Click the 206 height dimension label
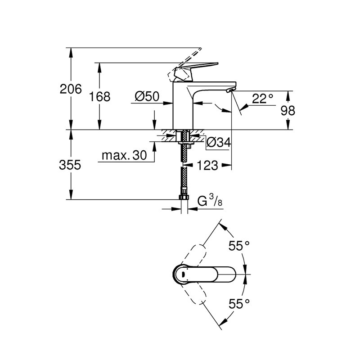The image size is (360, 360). point(71,89)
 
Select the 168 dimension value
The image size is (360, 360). point(99,96)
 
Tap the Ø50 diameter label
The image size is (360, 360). point(147,96)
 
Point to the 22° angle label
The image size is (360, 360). point(263,99)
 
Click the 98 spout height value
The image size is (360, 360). point(288,111)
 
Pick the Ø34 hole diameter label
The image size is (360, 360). point(219,142)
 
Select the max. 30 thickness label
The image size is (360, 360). point(124,155)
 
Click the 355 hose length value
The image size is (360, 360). point(70,165)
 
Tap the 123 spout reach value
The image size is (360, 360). point(207,165)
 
